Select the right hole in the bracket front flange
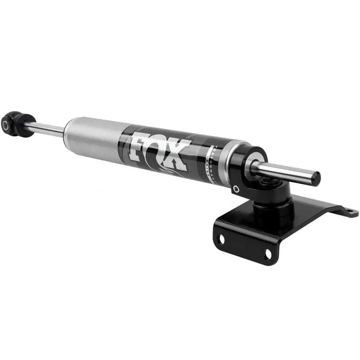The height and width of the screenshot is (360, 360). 267,255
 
